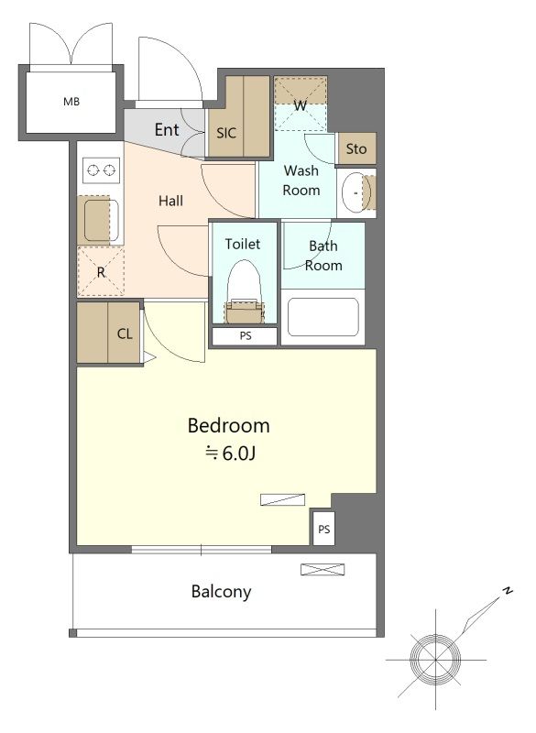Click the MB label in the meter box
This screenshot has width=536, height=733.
click(x=71, y=101)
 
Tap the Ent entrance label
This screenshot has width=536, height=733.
click(x=167, y=129)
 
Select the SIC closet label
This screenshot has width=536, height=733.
click(x=226, y=133)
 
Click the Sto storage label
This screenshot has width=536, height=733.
click(x=356, y=149)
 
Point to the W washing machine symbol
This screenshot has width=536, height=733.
click(x=301, y=104)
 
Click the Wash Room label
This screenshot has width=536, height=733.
click(x=301, y=181)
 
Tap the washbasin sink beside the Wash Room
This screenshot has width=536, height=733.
click(x=356, y=192)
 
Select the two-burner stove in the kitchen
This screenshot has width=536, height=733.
click(x=101, y=170)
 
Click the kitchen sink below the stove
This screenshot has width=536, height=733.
click(x=101, y=220)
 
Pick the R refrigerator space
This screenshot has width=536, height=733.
click(x=101, y=271)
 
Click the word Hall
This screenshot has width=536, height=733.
click(x=170, y=201)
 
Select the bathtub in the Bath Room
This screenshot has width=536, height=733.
click(x=323, y=317)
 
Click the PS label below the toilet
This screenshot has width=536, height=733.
click(x=246, y=335)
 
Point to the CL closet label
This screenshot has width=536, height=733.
click(x=125, y=334)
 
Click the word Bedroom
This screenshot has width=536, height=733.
click(x=228, y=426)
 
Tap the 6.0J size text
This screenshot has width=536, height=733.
click(x=231, y=453)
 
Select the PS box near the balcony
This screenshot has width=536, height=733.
click(x=323, y=529)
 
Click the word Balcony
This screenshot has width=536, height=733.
click(x=222, y=592)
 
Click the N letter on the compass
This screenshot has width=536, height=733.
click(x=507, y=590)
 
